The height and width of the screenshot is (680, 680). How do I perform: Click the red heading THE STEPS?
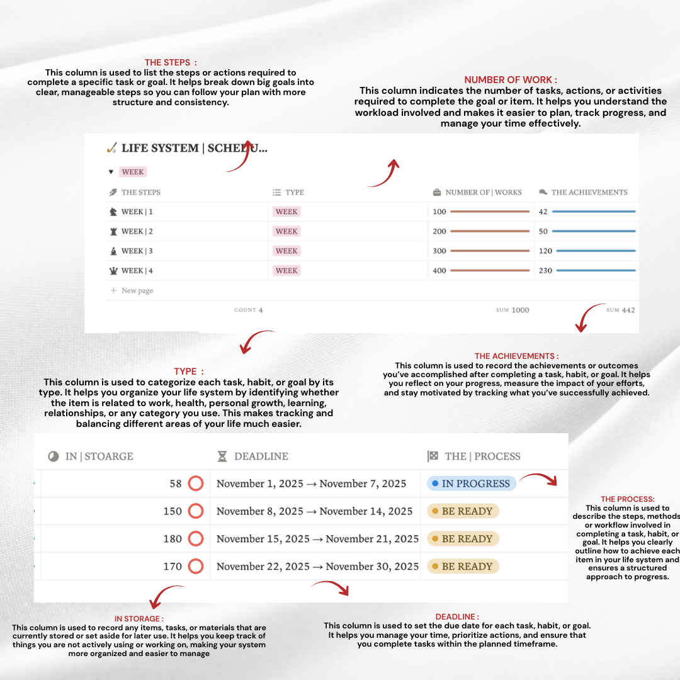click(x=171, y=62)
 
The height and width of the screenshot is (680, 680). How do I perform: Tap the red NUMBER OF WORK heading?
click(x=511, y=80)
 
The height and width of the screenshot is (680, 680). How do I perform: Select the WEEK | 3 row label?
click(x=137, y=251)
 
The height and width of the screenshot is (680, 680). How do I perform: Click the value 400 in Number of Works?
click(x=439, y=271)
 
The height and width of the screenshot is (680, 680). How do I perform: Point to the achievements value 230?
click(x=545, y=271)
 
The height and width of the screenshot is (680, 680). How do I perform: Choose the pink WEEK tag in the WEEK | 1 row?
click(x=286, y=212)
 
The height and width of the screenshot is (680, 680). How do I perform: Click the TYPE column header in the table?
click(x=294, y=192)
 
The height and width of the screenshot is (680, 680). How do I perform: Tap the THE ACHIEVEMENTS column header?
click(x=589, y=192)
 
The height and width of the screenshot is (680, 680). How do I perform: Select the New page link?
click(x=137, y=290)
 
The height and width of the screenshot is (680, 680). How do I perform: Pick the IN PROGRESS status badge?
click(x=472, y=484)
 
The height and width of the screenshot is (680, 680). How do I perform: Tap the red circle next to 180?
click(x=196, y=539)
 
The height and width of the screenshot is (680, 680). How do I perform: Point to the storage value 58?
click(x=176, y=484)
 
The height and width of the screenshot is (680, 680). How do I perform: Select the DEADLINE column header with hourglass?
click(x=261, y=456)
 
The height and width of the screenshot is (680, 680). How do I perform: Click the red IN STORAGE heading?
click(x=139, y=619)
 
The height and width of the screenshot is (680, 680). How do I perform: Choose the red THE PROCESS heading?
click(x=628, y=499)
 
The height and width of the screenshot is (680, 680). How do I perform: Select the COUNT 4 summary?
click(x=249, y=310)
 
